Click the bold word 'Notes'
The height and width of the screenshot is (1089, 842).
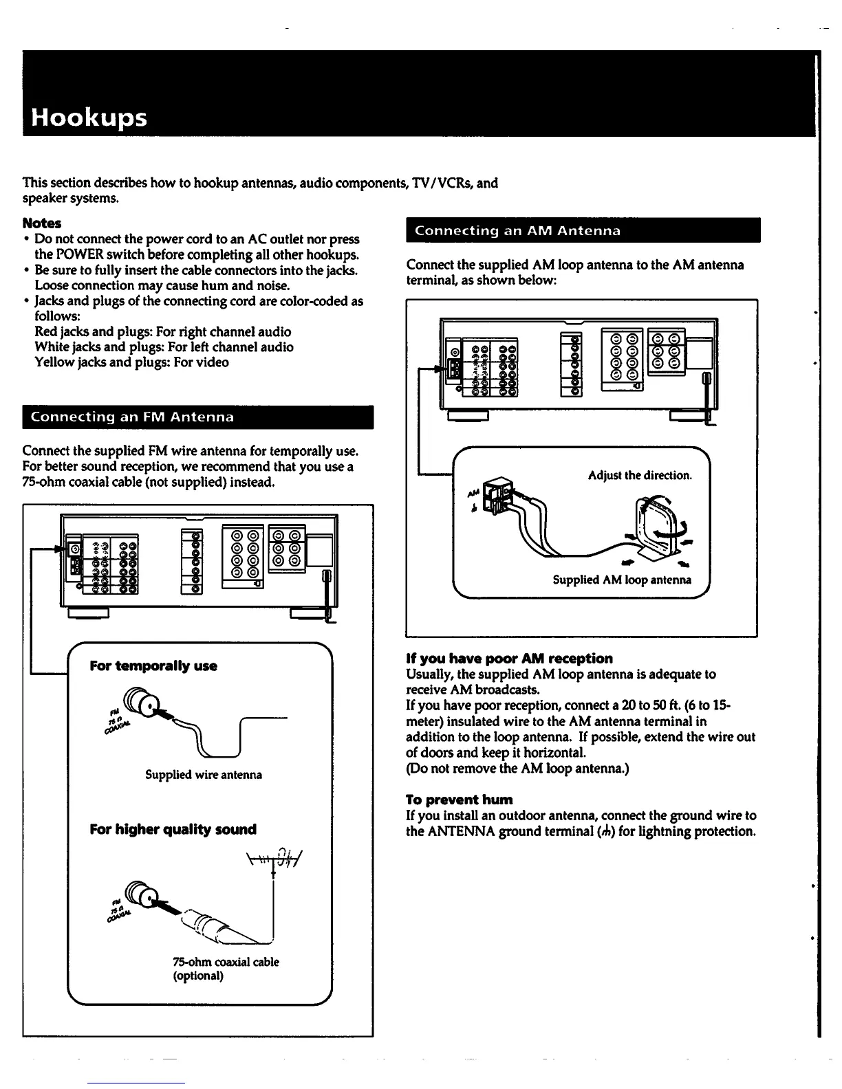(x=42, y=223)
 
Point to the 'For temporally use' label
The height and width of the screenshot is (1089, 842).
(x=153, y=666)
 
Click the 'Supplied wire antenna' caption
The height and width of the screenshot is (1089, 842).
(x=204, y=775)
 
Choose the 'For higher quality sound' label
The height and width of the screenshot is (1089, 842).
(x=173, y=830)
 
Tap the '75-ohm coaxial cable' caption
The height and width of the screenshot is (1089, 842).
(x=226, y=962)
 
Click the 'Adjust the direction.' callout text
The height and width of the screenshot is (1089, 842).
(x=640, y=476)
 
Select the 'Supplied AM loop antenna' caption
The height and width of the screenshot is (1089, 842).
(x=622, y=580)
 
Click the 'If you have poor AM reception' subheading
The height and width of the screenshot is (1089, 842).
(x=509, y=659)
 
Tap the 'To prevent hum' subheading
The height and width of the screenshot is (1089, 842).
(x=460, y=800)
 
